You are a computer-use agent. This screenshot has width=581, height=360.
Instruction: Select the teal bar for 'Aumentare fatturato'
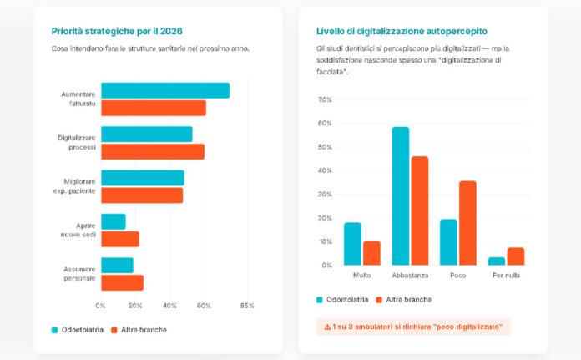[x=164, y=91]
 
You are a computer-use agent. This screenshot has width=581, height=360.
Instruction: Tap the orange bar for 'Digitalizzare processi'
[x=153, y=151]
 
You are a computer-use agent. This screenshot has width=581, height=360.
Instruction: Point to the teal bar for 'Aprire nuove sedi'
[x=114, y=221]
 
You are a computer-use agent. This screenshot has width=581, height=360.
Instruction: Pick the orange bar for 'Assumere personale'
[x=122, y=282]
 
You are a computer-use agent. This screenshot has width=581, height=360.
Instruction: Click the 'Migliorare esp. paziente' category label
[x=77, y=186]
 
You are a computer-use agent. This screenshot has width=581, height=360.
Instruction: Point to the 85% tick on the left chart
[x=246, y=306]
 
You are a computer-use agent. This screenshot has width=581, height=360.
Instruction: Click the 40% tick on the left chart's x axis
[x=169, y=306]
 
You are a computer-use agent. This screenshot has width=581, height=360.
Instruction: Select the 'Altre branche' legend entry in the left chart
[x=139, y=330]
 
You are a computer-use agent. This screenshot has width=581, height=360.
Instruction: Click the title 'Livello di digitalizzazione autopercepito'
[x=402, y=31]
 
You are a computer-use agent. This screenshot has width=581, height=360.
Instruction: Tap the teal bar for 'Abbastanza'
[x=400, y=195]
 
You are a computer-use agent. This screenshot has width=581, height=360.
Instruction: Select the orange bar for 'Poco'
[x=467, y=223]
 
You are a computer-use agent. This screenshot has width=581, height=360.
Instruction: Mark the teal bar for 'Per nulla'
[x=496, y=261]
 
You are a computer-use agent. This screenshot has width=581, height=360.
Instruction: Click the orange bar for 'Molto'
[x=371, y=253]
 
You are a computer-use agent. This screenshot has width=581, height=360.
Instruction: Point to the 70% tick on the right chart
[x=325, y=99]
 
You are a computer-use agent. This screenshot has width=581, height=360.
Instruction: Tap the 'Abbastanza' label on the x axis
[x=409, y=275]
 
